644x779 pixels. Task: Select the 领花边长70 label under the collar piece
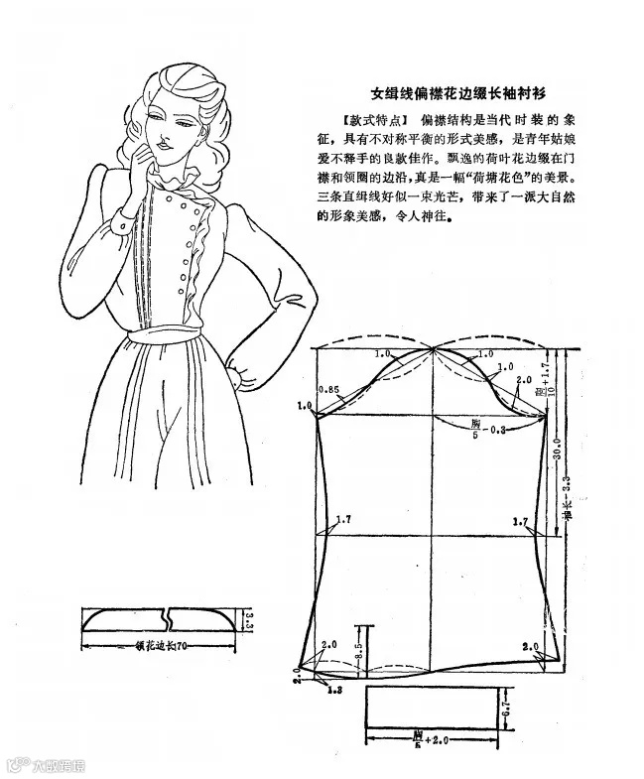pos(159,644)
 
